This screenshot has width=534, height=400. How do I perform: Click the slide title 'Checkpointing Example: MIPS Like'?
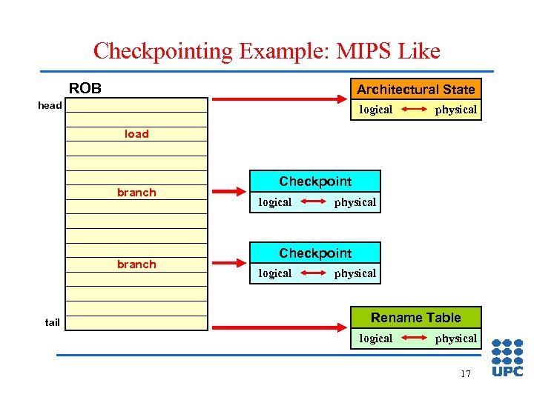pyautogui.click(x=267, y=51)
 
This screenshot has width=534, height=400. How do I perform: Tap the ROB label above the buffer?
pyautogui.click(x=85, y=89)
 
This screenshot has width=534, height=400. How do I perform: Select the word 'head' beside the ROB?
pyautogui.click(x=50, y=105)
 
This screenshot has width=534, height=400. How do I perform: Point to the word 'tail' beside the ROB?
pyautogui.click(x=52, y=322)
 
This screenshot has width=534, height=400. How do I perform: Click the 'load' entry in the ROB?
pyautogui.click(x=136, y=134)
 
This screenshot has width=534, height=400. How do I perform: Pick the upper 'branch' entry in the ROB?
pyautogui.click(x=136, y=193)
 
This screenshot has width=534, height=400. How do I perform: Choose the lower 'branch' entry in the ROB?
pyautogui.click(x=136, y=264)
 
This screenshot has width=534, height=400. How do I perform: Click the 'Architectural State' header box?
pyautogui.click(x=415, y=89)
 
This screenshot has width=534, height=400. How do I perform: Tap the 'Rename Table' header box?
pyautogui.click(x=415, y=318)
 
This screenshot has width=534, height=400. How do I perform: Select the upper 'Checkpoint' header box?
pyautogui.click(x=315, y=181)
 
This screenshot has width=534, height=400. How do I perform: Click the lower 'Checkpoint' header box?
pyautogui.click(x=315, y=253)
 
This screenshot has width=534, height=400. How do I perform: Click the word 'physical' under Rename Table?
pyautogui.click(x=455, y=339)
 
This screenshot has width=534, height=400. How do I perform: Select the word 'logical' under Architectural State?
pyautogui.click(x=376, y=110)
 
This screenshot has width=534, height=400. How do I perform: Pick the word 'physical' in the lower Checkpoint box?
pyautogui.click(x=355, y=273)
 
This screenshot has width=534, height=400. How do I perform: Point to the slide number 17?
pyautogui.click(x=465, y=374)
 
